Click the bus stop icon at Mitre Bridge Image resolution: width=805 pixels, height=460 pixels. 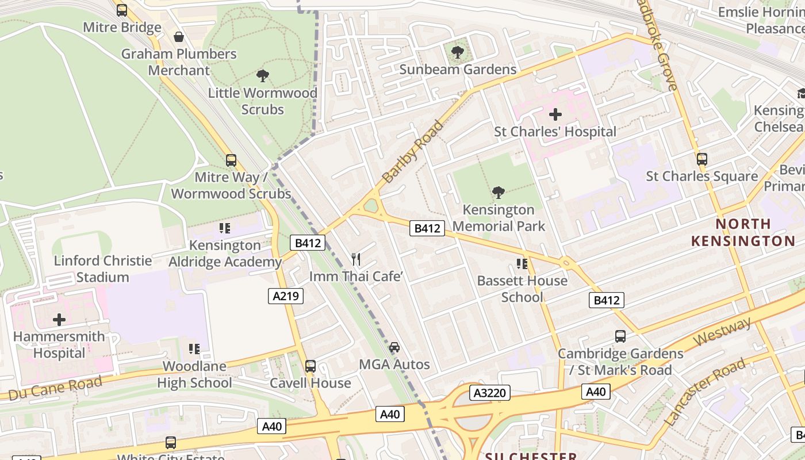(x=122, y=10)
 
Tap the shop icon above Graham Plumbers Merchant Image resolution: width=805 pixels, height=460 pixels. (x=179, y=37)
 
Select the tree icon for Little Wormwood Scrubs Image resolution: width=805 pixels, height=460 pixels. (x=263, y=75)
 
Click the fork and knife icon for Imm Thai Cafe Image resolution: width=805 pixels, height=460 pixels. (x=356, y=259)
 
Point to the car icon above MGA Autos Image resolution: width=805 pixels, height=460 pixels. (x=394, y=347)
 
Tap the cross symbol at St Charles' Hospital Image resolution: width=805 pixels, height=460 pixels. (x=555, y=114)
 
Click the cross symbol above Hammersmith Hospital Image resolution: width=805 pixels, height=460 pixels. (x=59, y=320)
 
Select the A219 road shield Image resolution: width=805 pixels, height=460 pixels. (x=286, y=296)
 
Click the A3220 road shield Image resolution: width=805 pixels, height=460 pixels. (x=490, y=393)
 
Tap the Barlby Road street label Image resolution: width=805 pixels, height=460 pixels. (x=413, y=151)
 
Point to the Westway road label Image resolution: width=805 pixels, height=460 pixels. (x=722, y=332)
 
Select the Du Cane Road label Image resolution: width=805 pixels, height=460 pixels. (x=55, y=388)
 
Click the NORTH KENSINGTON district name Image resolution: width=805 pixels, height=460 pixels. (x=743, y=232)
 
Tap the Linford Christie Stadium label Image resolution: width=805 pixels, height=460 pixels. (x=103, y=269)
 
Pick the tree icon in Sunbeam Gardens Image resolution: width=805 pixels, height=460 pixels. (x=458, y=52)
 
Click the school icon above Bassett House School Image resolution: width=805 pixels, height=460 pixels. (x=522, y=263)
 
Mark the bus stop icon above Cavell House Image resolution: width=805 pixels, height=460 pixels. (x=310, y=366)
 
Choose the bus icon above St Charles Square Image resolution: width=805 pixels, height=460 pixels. (x=701, y=159)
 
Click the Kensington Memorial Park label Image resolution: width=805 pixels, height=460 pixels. (x=498, y=218)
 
